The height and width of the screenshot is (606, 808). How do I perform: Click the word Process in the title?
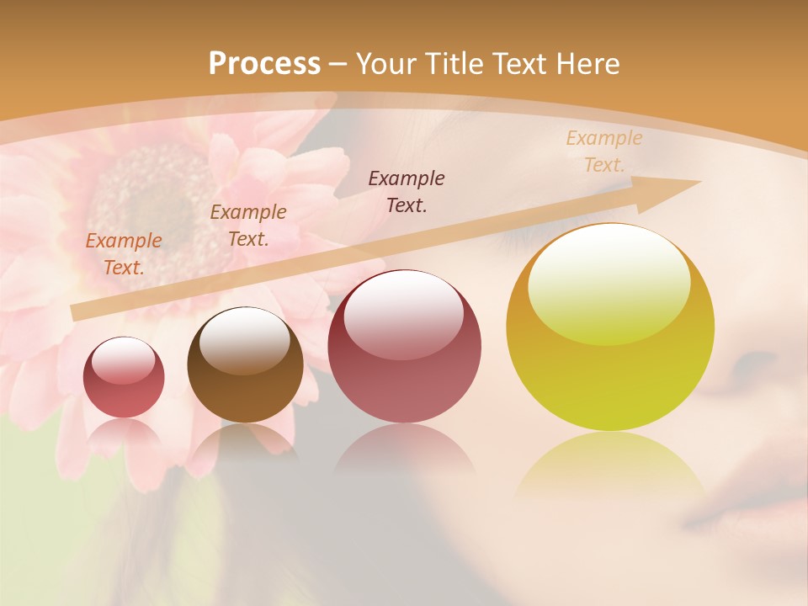point(264,63)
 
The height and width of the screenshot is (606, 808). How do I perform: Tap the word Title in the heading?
point(454,64)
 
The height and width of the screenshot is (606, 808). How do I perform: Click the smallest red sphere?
point(124,377)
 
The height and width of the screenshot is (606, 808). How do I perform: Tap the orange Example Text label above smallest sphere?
point(124,254)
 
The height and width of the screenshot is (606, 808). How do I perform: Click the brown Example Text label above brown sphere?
point(248,226)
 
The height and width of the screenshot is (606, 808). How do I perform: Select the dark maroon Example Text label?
point(407,191)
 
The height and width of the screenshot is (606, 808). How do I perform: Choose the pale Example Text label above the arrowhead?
point(603,151)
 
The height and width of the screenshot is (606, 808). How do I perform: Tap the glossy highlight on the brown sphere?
point(244,338)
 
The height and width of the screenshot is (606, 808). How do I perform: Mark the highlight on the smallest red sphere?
point(124,359)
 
